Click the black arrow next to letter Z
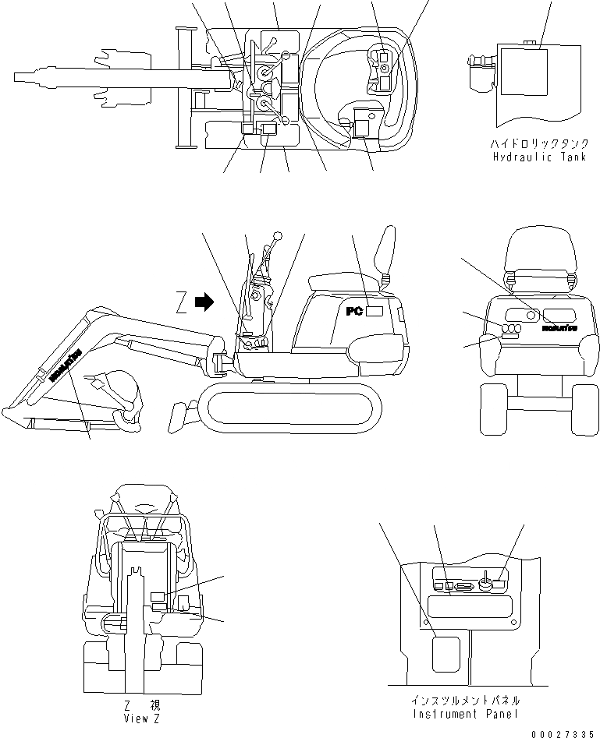(x=204, y=302)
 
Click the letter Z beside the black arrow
(x=182, y=302)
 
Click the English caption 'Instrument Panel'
(x=456, y=713)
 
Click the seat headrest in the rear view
(x=540, y=252)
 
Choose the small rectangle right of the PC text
(x=375, y=312)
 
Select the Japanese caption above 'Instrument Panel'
(x=456, y=701)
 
